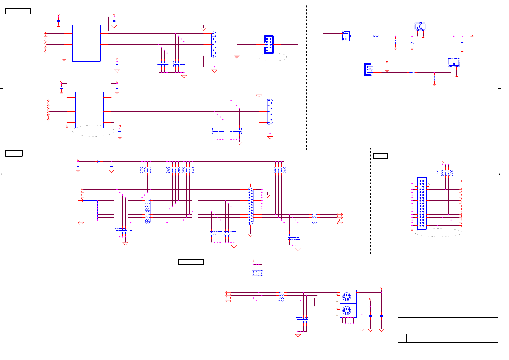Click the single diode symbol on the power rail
pos(98,162)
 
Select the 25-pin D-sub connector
pos(250,206)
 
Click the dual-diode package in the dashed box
pos(346,36)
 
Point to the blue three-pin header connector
pos(368,70)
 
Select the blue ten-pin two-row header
pos(269,45)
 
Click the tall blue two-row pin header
pos(422,203)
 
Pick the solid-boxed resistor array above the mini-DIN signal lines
pos(257,273)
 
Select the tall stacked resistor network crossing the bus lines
pos(147,211)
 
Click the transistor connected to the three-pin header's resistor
pos(454,63)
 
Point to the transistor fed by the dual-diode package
pos(420,27)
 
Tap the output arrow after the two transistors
pos(472,36)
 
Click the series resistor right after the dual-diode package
pos(376,36)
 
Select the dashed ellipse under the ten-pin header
pos(273,57)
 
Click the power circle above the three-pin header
pos(387,62)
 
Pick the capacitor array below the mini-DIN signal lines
pos(302,320)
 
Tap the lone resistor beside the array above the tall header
pos(437,173)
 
